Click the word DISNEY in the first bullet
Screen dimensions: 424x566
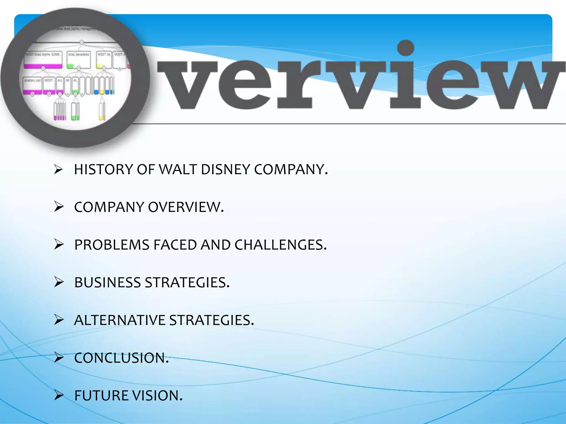pos(225,169)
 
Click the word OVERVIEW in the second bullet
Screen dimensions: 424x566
pos(186,207)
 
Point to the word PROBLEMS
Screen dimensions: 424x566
pos(112,245)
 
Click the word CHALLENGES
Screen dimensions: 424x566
pos(281,245)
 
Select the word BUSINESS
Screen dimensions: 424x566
pos(108,283)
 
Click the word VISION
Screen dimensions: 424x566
pos(157,396)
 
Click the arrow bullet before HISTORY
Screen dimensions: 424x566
pos(59,169)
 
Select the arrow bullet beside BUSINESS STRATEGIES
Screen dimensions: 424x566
pos(59,282)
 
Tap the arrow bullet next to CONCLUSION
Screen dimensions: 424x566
pos(59,357)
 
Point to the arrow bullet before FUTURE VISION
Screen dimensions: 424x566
pos(59,395)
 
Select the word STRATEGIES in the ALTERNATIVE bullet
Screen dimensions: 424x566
pos(211,320)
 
